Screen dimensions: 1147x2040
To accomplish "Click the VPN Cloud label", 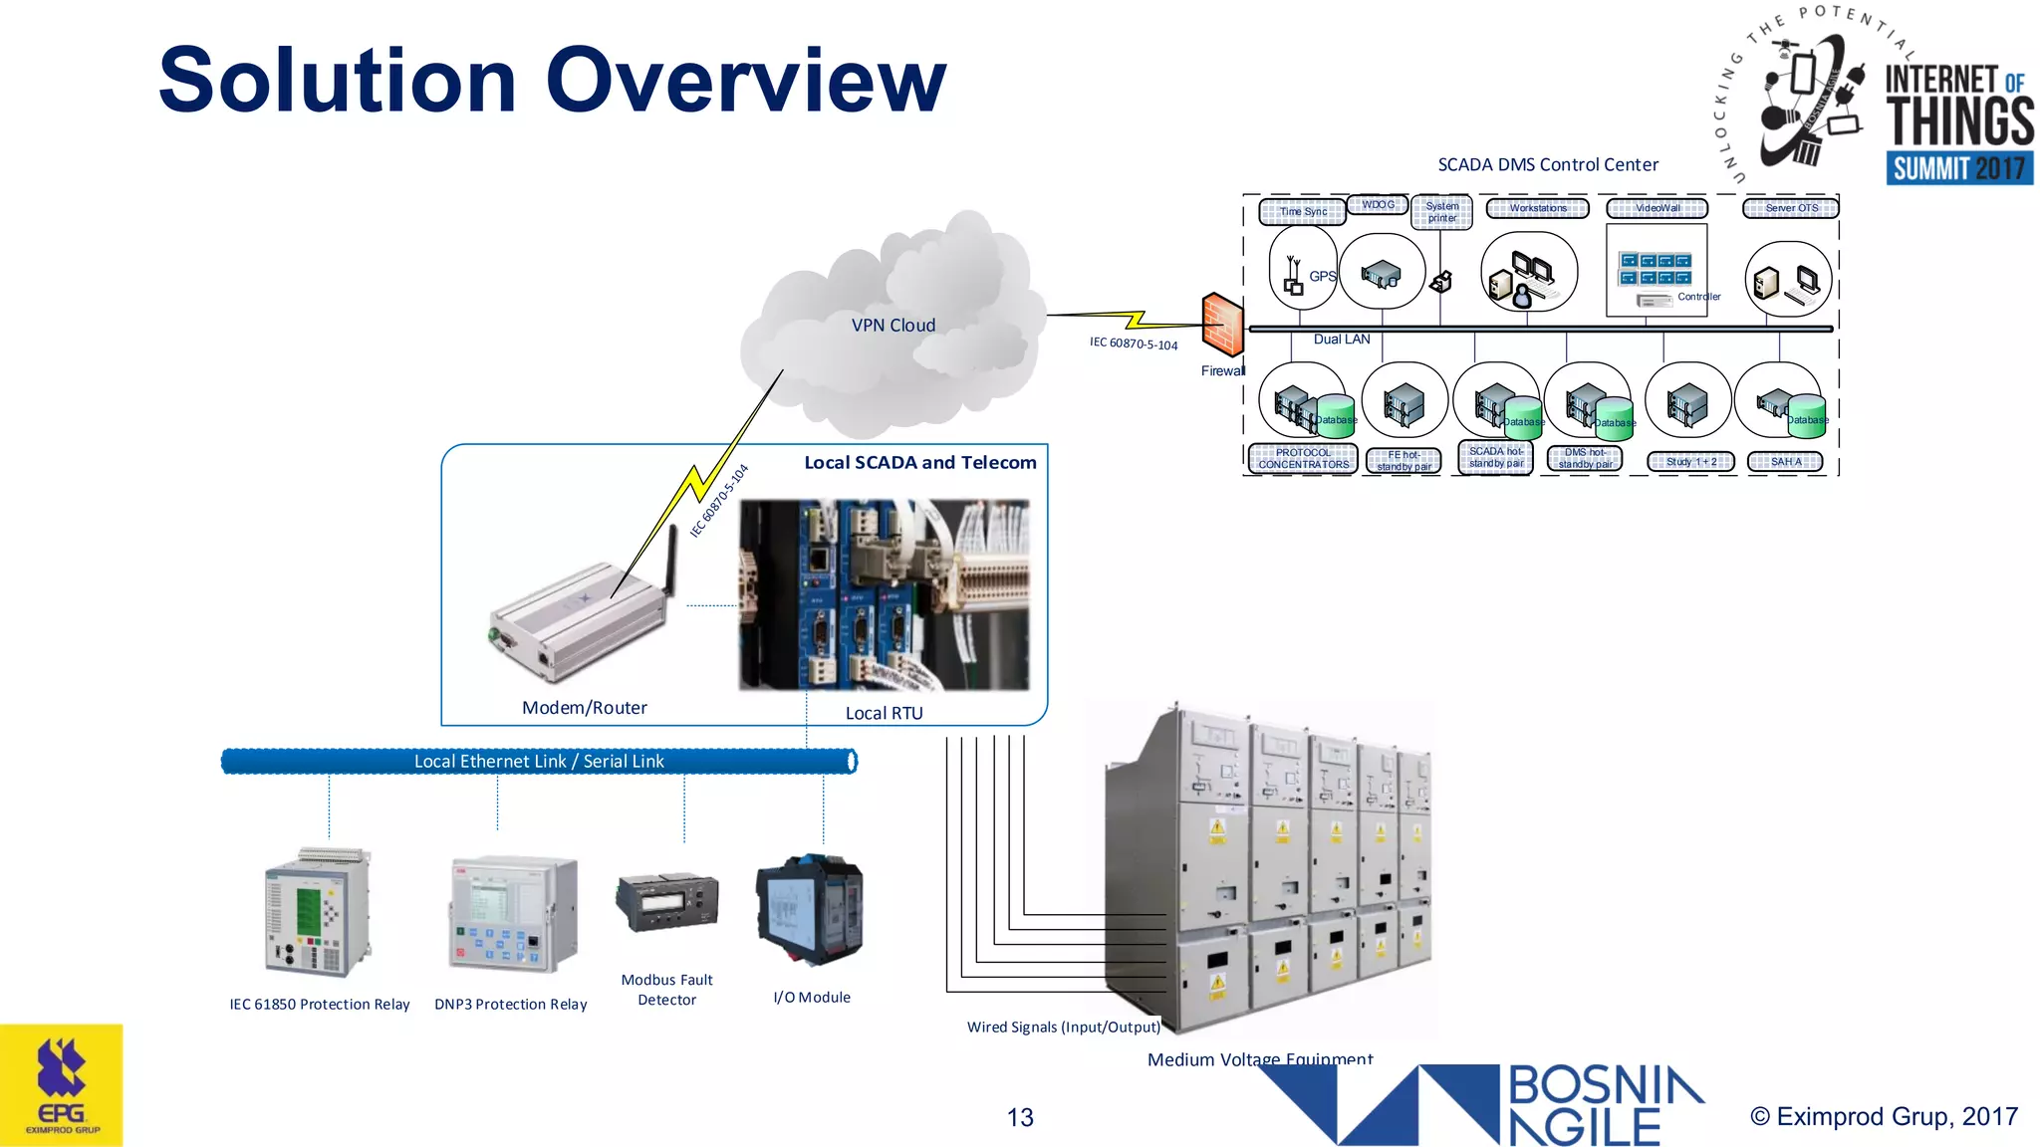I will click(x=892, y=326).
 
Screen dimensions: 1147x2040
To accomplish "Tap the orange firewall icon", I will click(x=1222, y=325).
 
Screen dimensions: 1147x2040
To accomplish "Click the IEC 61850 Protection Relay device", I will click(x=318, y=912).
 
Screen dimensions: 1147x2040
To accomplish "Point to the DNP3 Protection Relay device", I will click(x=512, y=913).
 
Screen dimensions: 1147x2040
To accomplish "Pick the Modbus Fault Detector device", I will click(x=666, y=901).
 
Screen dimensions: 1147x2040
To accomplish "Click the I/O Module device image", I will click(x=810, y=910).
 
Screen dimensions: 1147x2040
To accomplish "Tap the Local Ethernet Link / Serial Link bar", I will click(x=538, y=762).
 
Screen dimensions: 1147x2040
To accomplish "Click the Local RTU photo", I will click(x=884, y=595).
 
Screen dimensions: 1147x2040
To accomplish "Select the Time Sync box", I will click(x=1302, y=212).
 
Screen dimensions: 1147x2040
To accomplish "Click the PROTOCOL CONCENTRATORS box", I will click(x=1303, y=459).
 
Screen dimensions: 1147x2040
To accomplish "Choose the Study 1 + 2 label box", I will click(x=1690, y=462).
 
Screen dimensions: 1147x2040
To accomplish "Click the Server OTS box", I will click(x=1790, y=208).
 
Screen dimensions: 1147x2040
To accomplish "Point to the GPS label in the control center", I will click(x=1322, y=277).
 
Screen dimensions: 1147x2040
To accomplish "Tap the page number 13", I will click(x=1020, y=1117).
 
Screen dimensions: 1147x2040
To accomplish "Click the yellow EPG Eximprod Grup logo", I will click(x=62, y=1085).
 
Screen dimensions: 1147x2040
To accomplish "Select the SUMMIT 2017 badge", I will click(x=1958, y=168).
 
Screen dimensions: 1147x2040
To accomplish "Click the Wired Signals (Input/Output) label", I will click(x=1063, y=1027).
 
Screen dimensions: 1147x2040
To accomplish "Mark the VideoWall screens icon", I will click(x=1655, y=269).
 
